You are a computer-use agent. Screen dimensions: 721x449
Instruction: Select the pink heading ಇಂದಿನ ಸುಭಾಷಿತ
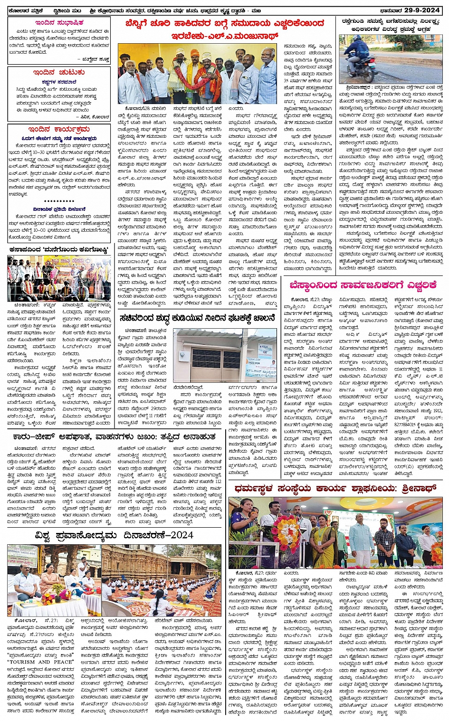point(59,23)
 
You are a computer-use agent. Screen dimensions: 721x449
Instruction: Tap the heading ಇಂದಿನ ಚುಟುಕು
point(59,72)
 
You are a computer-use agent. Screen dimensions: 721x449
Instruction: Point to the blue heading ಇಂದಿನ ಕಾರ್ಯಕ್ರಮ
point(59,129)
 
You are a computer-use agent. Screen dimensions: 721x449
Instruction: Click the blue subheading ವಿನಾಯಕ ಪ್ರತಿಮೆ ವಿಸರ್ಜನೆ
point(59,209)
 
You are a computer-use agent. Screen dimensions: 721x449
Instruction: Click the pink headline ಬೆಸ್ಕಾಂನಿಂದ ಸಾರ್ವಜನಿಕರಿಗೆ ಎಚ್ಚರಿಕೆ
point(363,285)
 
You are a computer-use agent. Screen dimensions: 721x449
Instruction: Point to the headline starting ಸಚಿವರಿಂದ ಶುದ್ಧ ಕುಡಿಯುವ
point(197,318)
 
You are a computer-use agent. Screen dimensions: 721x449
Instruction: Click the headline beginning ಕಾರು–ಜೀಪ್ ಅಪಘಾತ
point(114,436)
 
